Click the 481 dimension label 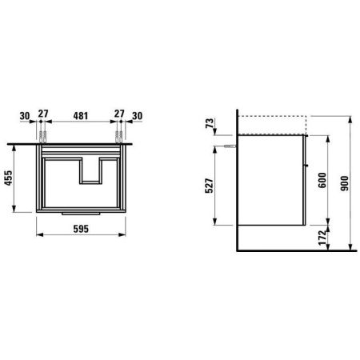(81, 116)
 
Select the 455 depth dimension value (8, 178)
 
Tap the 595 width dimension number (81, 229)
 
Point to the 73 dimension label (210, 123)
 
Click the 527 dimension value (210, 186)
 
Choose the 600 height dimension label (322, 180)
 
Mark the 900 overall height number (345, 183)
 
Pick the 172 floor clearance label (322, 238)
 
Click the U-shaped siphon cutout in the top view (90, 171)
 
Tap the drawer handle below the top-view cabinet (81, 214)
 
